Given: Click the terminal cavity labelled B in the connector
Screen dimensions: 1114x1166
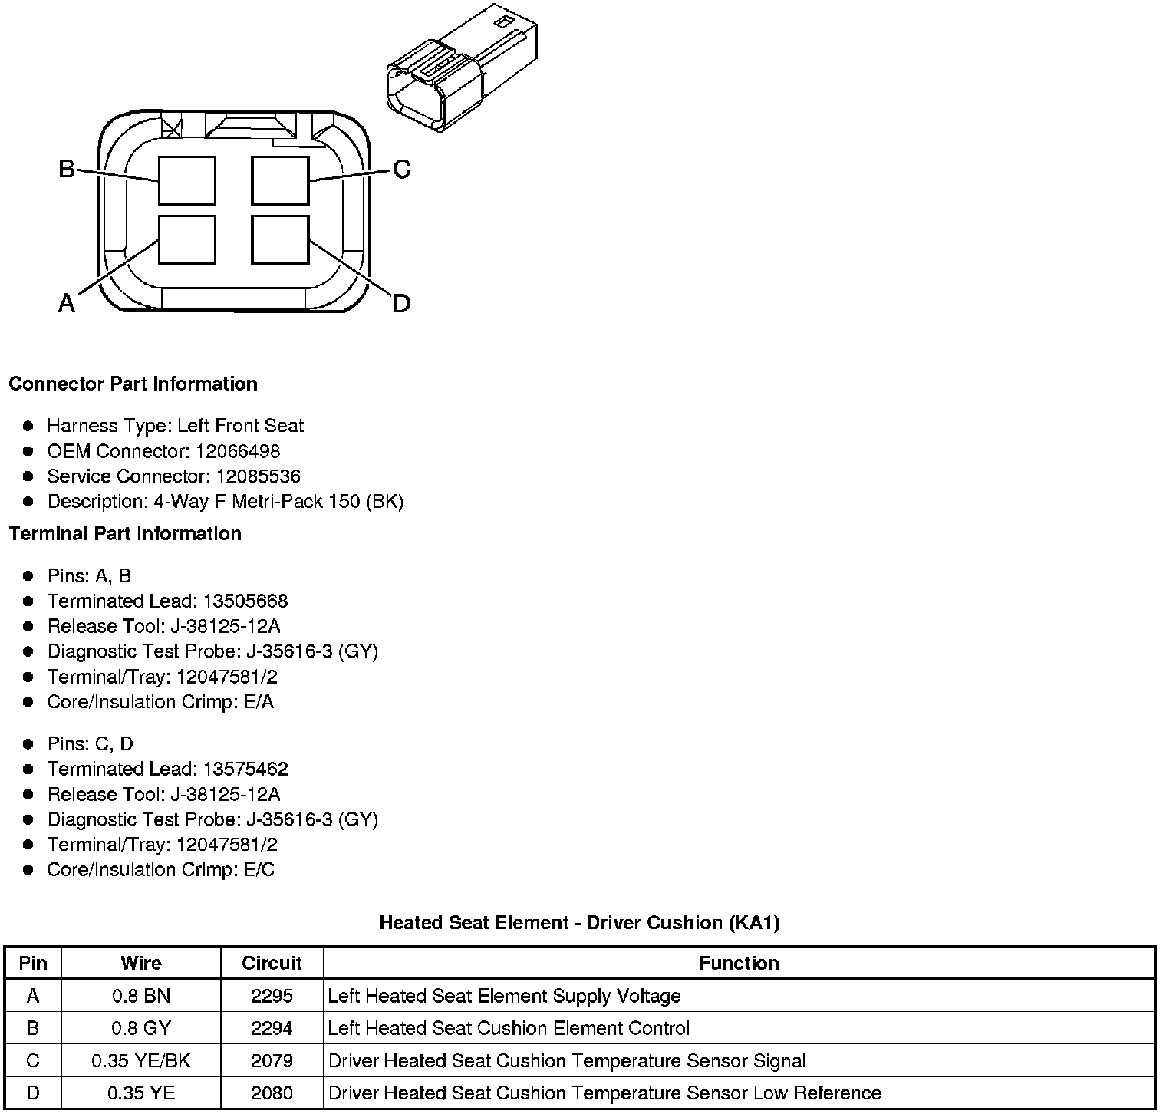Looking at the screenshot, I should pos(187,180).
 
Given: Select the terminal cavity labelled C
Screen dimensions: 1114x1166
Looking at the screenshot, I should pos(281,180).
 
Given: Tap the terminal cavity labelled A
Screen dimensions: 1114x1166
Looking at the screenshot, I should pos(187,239).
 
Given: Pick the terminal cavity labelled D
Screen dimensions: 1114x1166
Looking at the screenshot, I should pos(281,239).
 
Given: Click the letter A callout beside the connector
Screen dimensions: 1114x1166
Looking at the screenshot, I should pos(67,304).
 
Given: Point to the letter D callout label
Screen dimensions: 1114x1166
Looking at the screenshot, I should pos(401,304).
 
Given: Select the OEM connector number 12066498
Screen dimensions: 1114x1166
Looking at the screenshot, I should pos(237,451).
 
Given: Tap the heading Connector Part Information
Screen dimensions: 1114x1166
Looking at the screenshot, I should pos(133,384).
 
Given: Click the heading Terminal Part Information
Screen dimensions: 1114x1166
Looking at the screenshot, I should pos(125,533).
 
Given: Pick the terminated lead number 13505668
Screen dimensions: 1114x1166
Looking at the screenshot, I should pos(245,601).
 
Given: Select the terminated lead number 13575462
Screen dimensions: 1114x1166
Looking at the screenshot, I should pos(245,769).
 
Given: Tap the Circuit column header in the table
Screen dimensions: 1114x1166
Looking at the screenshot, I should pos(272,963).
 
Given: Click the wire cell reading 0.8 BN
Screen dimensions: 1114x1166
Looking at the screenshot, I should pos(141,996).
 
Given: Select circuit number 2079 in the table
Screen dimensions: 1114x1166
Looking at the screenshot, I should pos(272,1060).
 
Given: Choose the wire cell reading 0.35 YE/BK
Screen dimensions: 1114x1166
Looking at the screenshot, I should pos(141,1060).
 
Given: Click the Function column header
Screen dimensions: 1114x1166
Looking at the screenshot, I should pos(739,963).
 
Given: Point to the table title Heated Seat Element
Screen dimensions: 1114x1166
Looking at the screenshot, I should pos(579,922).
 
